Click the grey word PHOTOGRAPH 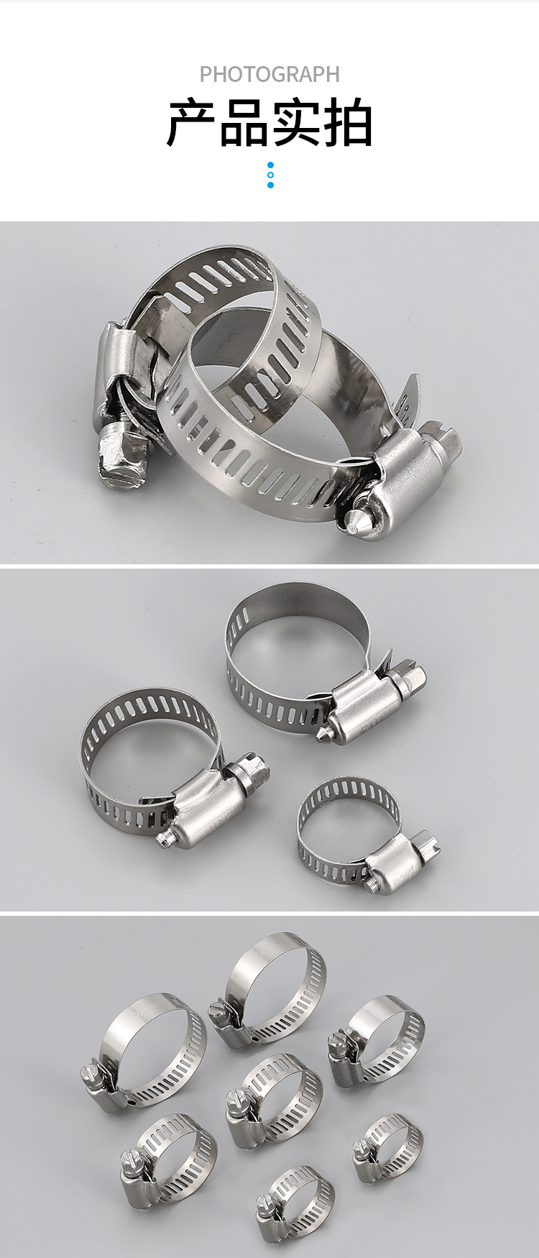(x=269, y=74)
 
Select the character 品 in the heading (x=244, y=124)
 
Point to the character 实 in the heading (x=295, y=124)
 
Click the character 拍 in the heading (x=347, y=124)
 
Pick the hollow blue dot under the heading (x=270, y=175)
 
